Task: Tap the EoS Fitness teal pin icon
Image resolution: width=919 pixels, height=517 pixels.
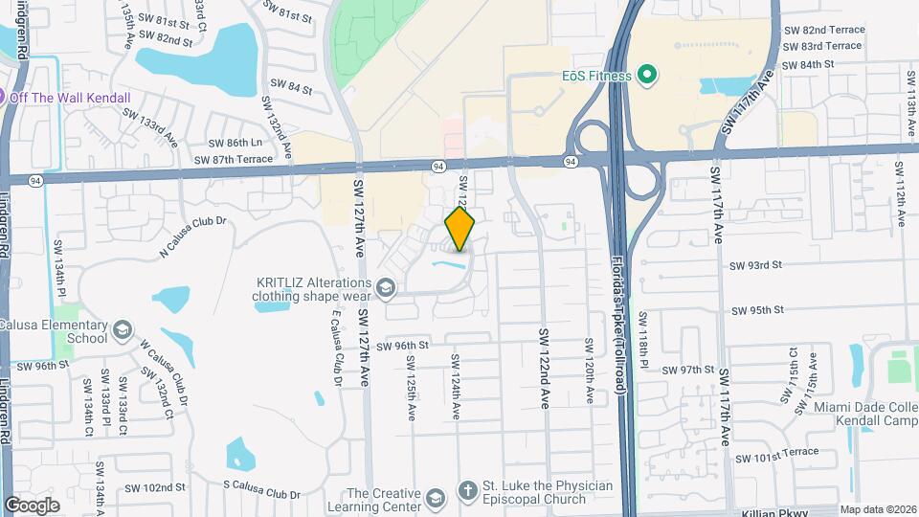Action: pos(647,75)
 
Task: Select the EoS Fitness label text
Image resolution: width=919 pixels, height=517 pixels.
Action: pos(596,76)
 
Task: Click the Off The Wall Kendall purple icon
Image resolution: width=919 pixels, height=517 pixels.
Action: pos(2,97)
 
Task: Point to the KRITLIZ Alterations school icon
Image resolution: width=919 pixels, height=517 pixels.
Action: pos(385,288)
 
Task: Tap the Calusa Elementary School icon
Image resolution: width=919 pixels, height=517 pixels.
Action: pos(122,331)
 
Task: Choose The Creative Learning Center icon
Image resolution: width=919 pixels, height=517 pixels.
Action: pos(436,499)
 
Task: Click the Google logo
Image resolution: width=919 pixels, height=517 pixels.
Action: pos(32,506)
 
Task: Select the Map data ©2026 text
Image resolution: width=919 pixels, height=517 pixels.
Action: pos(877,509)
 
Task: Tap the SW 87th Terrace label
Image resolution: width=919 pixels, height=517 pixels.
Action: pos(234,159)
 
